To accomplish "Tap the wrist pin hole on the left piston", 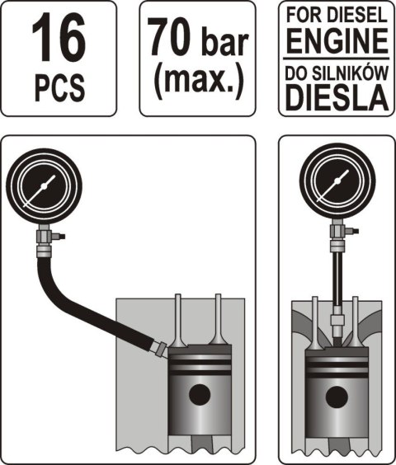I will pyautogui.click(x=198, y=395).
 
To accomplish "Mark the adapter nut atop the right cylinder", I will pyautogui.click(x=337, y=317).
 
